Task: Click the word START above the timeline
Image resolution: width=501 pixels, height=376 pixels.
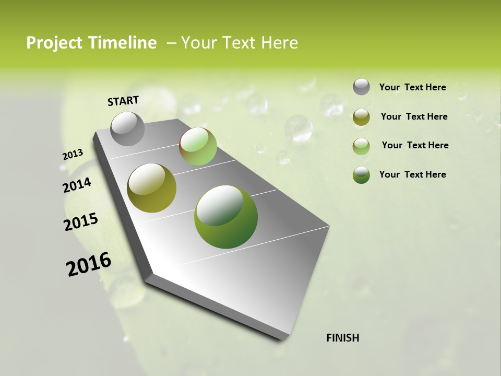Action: [123, 101]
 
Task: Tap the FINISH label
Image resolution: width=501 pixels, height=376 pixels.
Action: [343, 338]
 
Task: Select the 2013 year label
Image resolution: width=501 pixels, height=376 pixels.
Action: [73, 154]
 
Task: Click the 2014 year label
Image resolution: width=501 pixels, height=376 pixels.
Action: [77, 185]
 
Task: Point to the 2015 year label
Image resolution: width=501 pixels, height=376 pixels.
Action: [81, 222]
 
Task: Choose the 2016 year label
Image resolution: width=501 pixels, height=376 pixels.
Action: [89, 264]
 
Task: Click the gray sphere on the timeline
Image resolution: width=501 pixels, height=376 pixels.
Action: [127, 128]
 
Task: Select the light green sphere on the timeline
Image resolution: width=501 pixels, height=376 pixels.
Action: [198, 146]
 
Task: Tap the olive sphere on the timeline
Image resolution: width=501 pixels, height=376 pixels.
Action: [151, 188]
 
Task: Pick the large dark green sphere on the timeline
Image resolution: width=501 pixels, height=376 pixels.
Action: [225, 217]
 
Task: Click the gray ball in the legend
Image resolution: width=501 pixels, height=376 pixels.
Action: [361, 87]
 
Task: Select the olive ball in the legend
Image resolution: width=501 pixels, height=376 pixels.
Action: [361, 117]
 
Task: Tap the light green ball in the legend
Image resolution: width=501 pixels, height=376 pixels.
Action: [361, 146]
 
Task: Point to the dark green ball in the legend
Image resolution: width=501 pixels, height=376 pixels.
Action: [361, 175]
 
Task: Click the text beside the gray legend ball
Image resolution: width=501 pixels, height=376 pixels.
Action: [412, 87]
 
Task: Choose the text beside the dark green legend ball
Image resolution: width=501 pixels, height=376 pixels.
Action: [412, 174]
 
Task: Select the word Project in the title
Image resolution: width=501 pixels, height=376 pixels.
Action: [54, 43]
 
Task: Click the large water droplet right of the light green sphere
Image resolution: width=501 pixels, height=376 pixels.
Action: [299, 128]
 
